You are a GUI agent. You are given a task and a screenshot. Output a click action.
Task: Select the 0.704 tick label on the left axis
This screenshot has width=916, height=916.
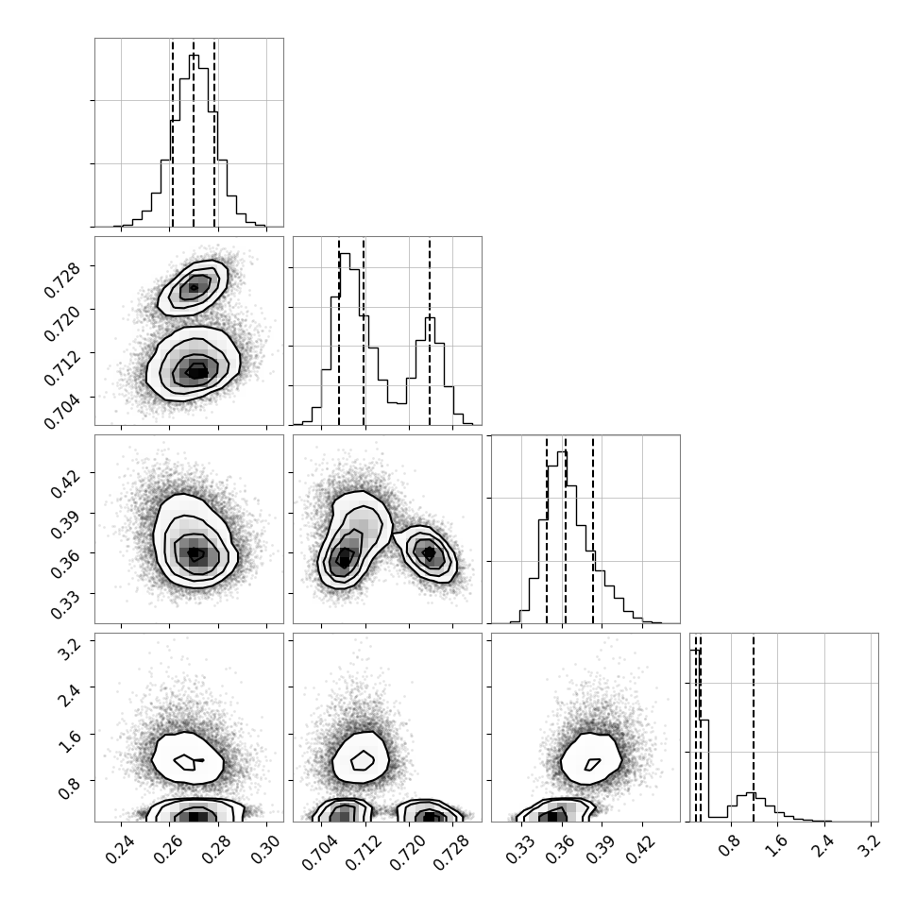(x=63, y=412)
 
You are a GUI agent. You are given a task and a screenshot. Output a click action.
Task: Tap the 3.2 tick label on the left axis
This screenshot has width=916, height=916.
(x=70, y=650)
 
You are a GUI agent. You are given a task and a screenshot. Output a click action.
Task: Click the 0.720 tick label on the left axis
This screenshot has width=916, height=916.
(x=63, y=323)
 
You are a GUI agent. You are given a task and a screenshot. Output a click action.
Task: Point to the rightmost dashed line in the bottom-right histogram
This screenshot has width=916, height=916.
(x=754, y=727)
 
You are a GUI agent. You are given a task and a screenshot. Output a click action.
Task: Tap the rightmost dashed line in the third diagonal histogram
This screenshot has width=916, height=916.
(x=593, y=529)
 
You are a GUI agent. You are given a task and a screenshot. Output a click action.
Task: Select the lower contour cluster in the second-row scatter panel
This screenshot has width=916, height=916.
(x=193, y=364)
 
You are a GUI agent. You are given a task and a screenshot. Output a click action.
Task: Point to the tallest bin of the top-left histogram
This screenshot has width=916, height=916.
(x=194, y=140)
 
